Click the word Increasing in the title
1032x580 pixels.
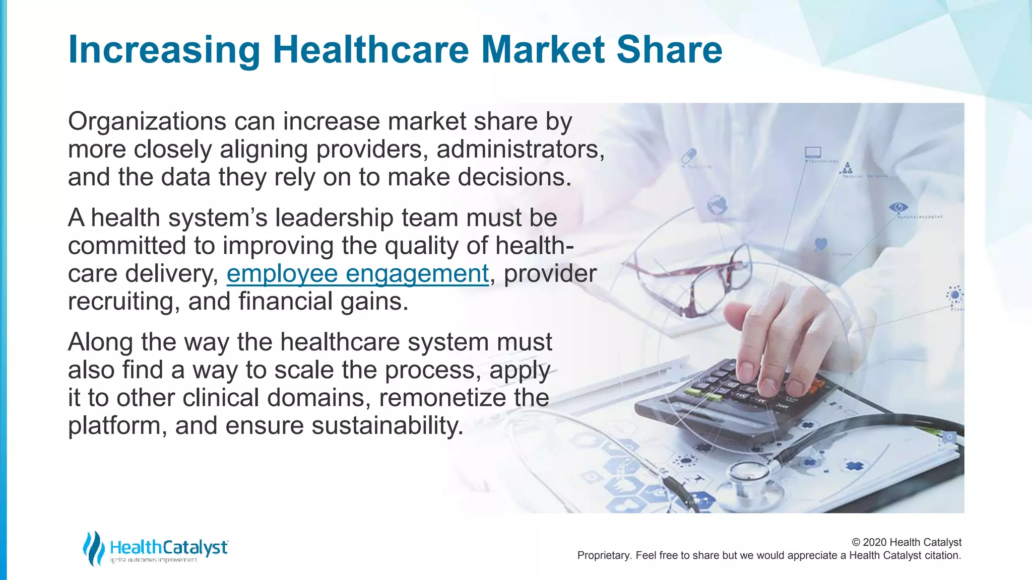coord(164,50)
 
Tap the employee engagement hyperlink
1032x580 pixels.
coord(357,274)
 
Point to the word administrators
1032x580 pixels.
coord(520,150)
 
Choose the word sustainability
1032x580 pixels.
coord(387,425)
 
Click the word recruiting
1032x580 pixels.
coord(124,302)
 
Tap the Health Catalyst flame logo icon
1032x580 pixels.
coord(93,548)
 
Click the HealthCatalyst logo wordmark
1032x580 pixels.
coord(168,547)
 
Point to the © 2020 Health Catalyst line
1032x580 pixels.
coord(906,542)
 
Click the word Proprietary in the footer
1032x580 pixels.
coord(604,555)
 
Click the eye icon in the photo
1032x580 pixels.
coord(898,207)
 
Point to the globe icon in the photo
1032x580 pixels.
coord(717,205)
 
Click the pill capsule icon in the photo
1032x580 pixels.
coord(688,156)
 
